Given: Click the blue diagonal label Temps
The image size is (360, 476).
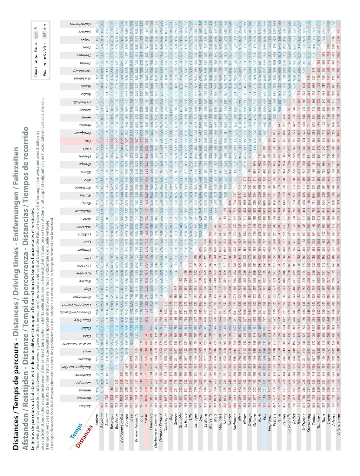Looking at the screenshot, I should click(76, 430).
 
